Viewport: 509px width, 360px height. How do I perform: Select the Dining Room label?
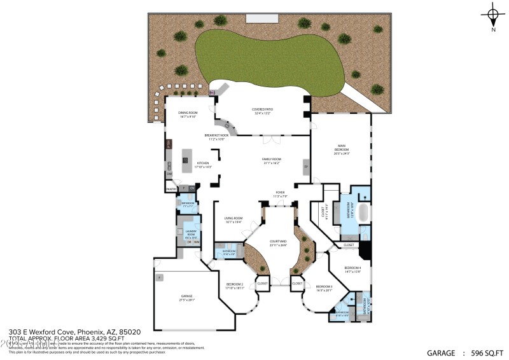click(x=188, y=114)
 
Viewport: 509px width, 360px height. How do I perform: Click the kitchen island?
click(x=187, y=160)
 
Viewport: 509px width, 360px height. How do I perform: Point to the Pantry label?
click(x=171, y=189)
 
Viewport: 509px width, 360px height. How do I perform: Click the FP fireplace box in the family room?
click(x=306, y=167)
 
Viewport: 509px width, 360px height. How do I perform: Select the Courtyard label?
click(x=278, y=243)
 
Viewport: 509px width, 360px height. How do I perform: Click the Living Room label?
click(x=234, y=220)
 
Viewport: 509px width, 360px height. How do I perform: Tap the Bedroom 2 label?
click(x=234, y=286)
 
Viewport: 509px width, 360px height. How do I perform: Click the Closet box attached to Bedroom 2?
click(x=262, y=284)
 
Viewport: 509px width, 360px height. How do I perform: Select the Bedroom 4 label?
click(x=352, y=270)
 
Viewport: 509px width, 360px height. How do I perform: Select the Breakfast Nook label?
click(x=216, y=137)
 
